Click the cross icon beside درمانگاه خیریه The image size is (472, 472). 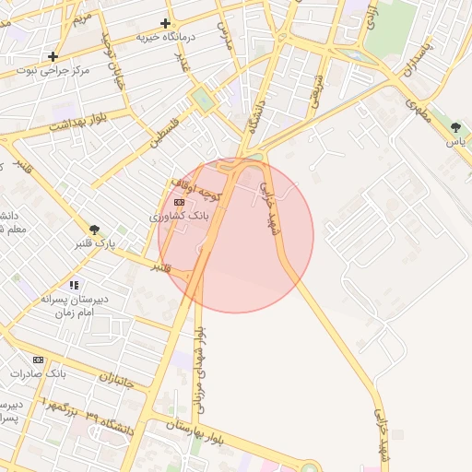166,23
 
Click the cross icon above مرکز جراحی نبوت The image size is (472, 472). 54,56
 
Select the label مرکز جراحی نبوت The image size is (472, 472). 59,70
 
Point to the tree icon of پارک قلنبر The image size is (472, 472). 94,230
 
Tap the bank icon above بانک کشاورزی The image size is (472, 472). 179,202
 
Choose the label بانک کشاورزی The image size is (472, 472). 181,215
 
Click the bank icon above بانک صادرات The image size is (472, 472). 38,360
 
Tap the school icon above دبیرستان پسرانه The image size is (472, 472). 74,285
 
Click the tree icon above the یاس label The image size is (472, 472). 455,127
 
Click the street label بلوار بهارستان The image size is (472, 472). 195,428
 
